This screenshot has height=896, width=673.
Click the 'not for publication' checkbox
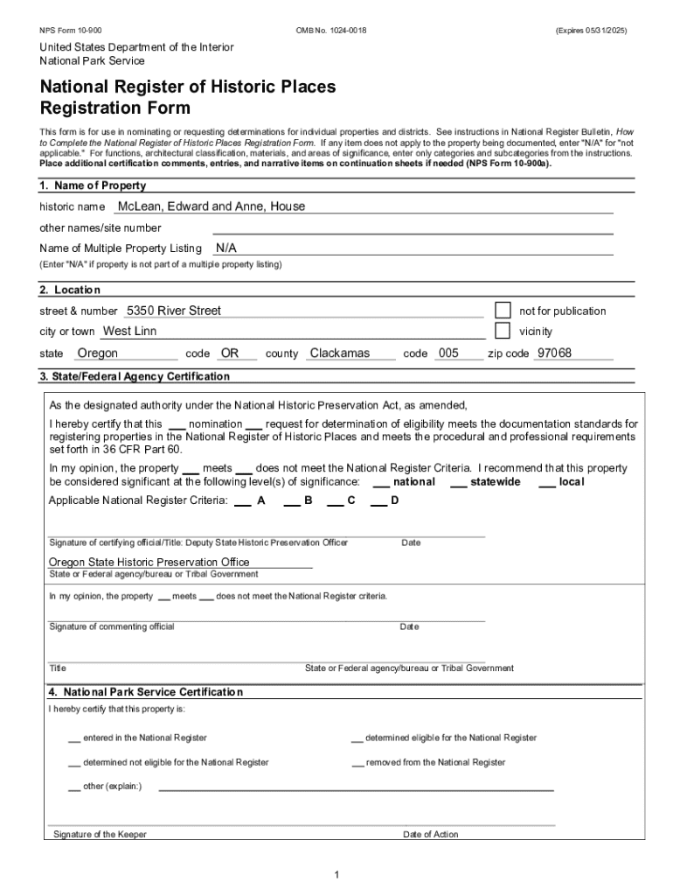[x=503, y=311]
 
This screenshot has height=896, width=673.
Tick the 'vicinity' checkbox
[x=503, y=331]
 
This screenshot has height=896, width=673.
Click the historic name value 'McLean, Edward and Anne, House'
[x=212, y=206]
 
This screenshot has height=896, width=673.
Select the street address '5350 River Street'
[x=174, y=311]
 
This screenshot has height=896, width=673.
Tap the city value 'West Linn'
[x=130, y=332]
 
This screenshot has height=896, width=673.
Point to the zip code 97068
[x=554, y=353]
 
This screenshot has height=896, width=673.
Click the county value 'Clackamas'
[x=340, y=353]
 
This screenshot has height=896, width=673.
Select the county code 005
[x=448, y=353]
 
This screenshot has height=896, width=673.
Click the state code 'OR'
[x=230, y=353]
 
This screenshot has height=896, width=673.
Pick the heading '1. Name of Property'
[x=93, y=185]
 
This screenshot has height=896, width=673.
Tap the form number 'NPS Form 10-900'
[x=70, y=31]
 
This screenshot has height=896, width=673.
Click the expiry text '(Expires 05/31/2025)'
[x=591, y=31]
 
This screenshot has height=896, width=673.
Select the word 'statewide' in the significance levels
[x=495, y=482]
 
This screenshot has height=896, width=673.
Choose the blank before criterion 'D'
[x=378, y=501]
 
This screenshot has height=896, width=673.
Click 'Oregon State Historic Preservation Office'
[x=149, y=562]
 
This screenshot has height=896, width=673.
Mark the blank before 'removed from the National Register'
[x=357, y=763]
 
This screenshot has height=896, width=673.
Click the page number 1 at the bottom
[x=336, y=875]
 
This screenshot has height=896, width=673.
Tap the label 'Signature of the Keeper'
[x=100, y=835]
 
